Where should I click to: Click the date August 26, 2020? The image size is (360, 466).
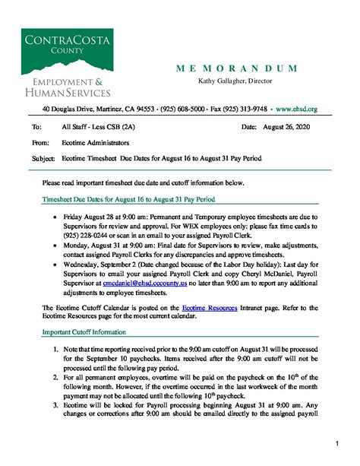click(x=286, y=127)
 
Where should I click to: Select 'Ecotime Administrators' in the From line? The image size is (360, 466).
click(x=95, y=142)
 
